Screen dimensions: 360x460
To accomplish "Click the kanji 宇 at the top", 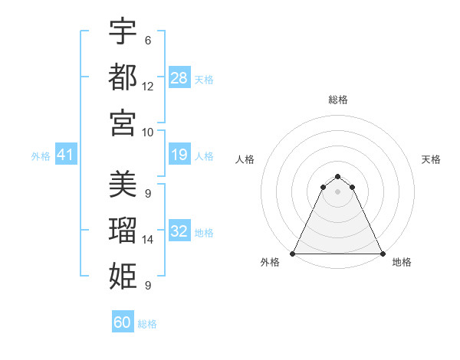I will click(x=123, y=31).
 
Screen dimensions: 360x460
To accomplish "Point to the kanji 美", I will click(x=123, y=185).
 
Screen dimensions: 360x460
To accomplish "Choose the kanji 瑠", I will click(x=123, y=230).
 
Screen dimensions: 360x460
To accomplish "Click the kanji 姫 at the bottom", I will click(x=123, y=274).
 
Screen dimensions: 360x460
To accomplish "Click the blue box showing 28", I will click(x=179, y=77).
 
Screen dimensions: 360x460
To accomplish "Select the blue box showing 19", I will click(x=179, y=155).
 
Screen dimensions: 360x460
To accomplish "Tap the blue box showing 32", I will click(x=179, y=231).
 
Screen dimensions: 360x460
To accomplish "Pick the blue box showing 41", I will click(x=66, y=155).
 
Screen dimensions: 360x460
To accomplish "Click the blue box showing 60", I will click(x=123, y=322).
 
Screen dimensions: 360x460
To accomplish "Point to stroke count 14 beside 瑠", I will click(x=148, y=240).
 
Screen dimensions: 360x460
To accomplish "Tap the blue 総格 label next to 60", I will click(x=147, y=323).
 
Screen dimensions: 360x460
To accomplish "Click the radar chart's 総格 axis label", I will click(x=337, y=100).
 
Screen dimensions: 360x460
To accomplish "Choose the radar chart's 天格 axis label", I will click(x=431, y=159).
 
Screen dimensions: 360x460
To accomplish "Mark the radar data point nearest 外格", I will click(x=293, y=253).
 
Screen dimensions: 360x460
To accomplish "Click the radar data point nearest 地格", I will click(x=382, y=253).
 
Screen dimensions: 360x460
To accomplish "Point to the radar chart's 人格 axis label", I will click(x=245, y=159).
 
